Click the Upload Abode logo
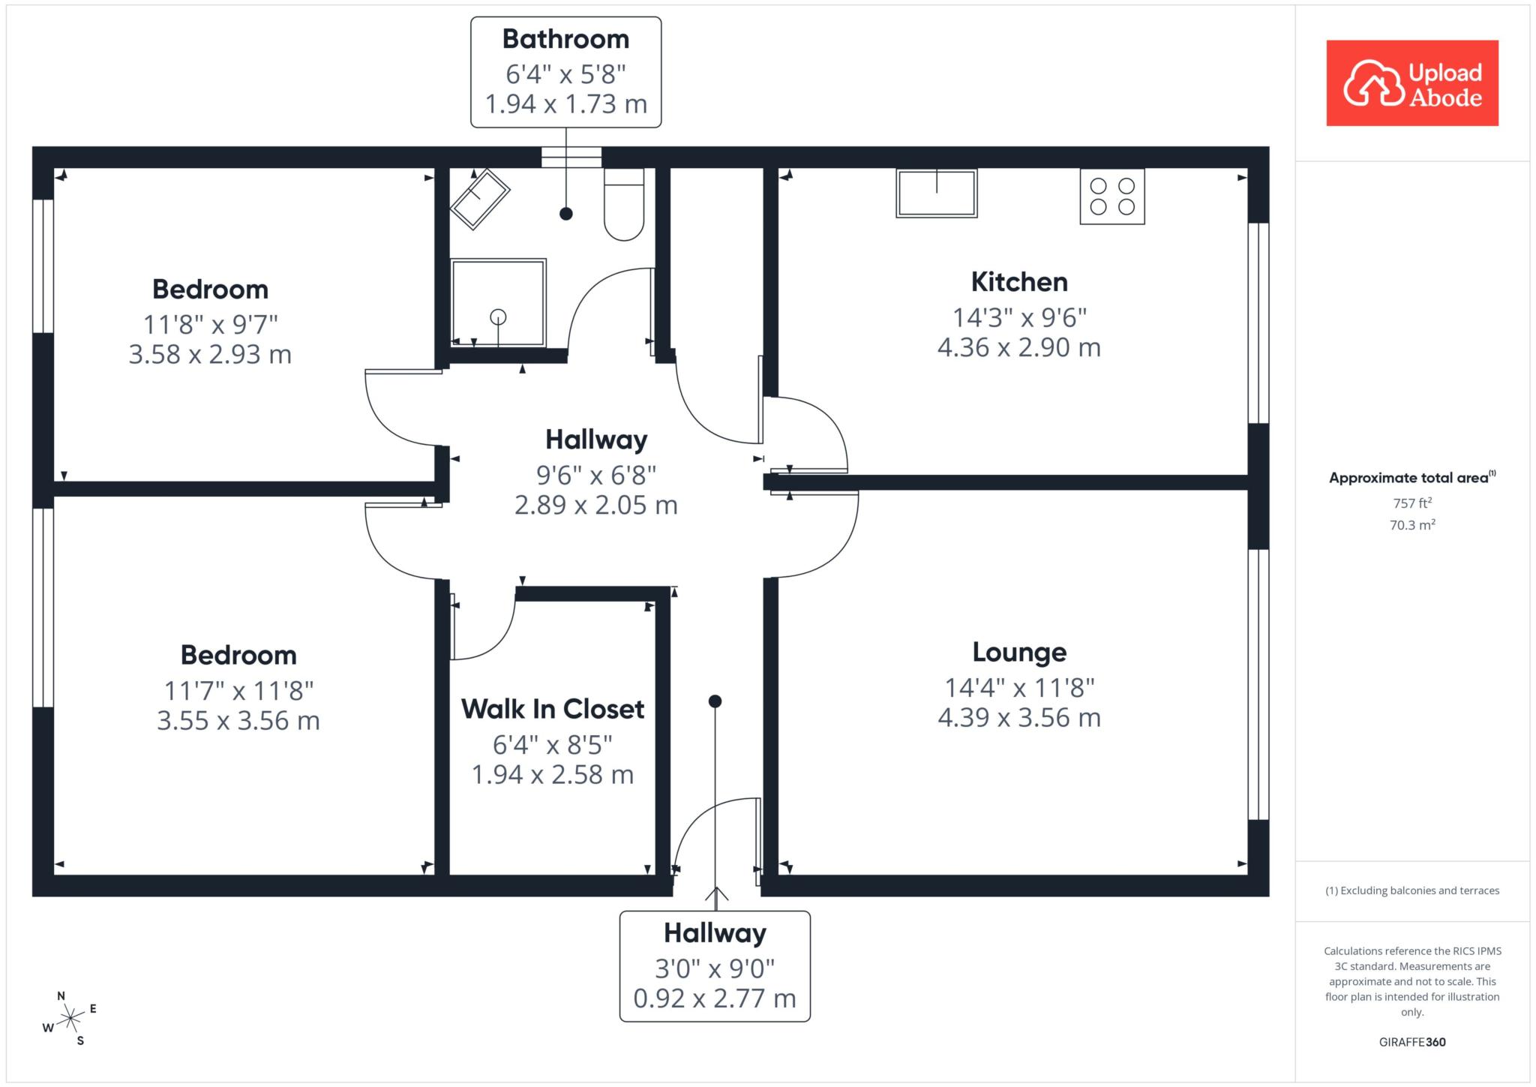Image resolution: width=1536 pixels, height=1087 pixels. click(1412, 83)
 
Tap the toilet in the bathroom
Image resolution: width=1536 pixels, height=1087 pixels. click(624, 204)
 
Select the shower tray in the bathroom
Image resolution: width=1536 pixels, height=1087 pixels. click(498, 303)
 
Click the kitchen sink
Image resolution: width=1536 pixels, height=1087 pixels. click(937, 193)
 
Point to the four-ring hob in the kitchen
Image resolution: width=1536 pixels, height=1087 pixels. click(1112, 196)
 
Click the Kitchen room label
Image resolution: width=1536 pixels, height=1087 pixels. click(1019, 282)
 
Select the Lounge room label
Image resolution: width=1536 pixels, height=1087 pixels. click(1019, 653)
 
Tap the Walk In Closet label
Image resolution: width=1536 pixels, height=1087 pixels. click(553, 709)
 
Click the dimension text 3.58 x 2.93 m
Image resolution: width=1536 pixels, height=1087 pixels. click(210, 354)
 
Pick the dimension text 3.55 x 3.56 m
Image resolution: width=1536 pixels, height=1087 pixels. click(238, 721)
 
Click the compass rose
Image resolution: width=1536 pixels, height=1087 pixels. click(70, 1018)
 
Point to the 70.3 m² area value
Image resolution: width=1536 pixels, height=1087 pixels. click(1412, 525)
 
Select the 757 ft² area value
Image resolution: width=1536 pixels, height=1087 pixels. click(1412, 503)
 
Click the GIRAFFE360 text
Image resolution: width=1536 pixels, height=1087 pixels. click(1412, 1042)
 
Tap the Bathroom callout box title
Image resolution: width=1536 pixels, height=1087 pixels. click(565, 39)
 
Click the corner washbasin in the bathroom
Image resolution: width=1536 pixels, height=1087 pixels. click(480, 199)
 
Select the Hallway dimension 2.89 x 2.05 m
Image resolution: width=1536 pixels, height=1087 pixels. click(596, 506)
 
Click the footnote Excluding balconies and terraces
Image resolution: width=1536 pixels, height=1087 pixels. click(1412, 891)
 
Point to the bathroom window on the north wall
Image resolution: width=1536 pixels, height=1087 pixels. click(571, 157)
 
